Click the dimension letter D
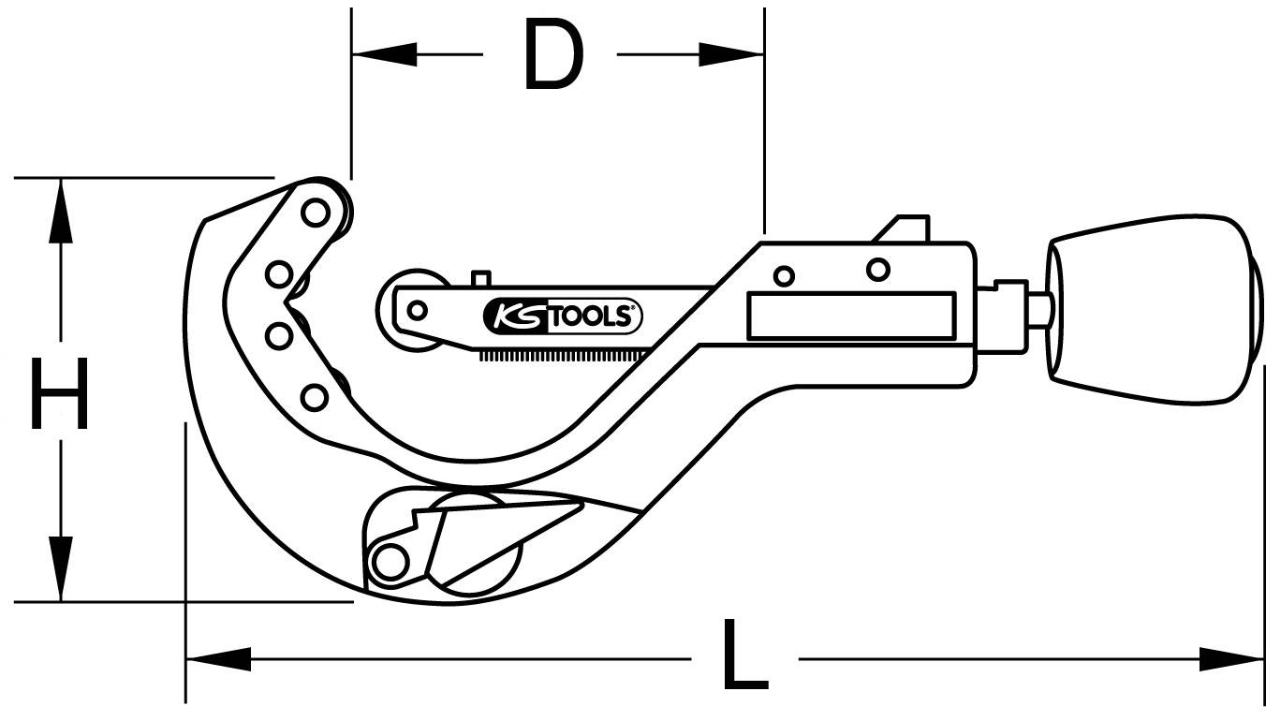553,55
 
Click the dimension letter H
60,394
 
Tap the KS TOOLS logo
563,316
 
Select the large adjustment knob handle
1152,309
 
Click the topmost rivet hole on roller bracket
316,214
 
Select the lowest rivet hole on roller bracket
316,397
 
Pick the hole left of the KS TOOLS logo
418,308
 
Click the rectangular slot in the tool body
850,316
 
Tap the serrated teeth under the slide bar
562,355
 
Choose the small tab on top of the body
904,228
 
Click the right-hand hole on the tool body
877,270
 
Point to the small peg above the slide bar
481,279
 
